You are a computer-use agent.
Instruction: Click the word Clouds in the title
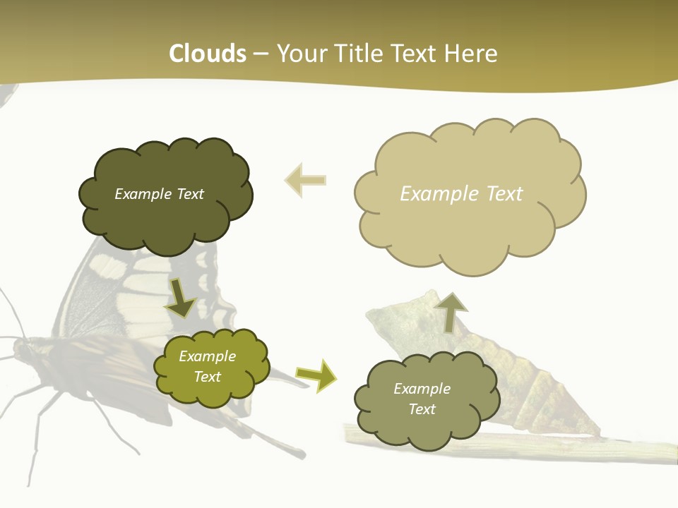click(208, 54)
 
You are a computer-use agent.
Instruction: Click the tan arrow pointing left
click(305, 180)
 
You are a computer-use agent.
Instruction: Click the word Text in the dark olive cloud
click(189, 194)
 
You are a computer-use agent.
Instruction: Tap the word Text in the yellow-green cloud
click(207, 377)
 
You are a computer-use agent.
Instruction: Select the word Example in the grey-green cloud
click(422, 389)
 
